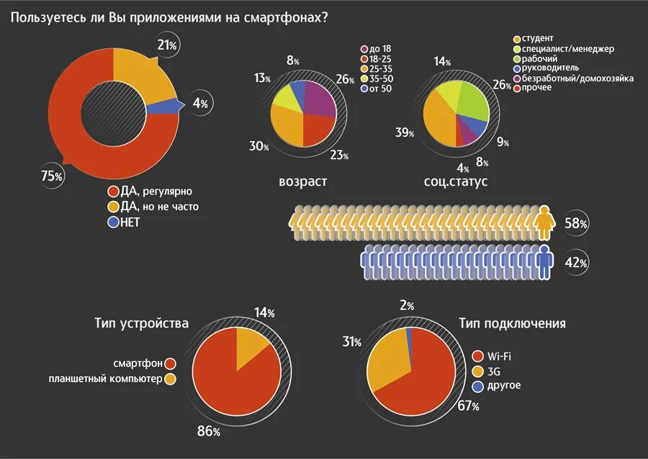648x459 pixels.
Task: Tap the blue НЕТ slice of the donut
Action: [x=163, y=107]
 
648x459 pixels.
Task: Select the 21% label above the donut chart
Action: [x=168, y=45]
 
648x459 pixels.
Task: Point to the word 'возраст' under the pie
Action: [x=302, y=182]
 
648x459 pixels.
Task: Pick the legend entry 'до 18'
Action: [x=379, y=48]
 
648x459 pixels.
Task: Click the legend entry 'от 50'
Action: [x=380, y=89]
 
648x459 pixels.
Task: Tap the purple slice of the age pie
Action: [x=321, y=100]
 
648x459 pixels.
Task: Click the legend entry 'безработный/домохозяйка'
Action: [x=572, y=78]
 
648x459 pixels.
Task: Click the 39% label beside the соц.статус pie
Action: [x=405, y=133]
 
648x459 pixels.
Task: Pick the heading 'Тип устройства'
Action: [x=141, y=323]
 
